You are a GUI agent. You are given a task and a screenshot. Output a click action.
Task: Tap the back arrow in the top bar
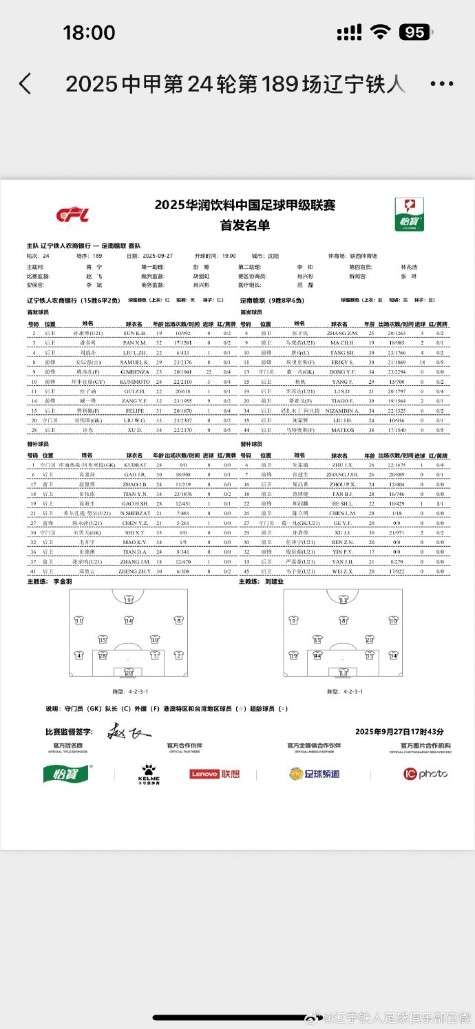(x=25, y=84)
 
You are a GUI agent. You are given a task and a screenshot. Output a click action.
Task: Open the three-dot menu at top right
(x=441, y=84)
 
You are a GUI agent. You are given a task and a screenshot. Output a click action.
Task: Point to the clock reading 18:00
(x=89, y=32)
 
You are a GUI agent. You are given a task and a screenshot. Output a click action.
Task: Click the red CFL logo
(x=72, y=215)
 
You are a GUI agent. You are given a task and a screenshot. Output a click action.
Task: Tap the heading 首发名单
(x=244, y=225)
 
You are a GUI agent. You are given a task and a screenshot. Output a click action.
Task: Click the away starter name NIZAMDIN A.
(x=342, y=410)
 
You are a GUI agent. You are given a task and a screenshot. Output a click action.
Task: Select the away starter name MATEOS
(x=342, y=429)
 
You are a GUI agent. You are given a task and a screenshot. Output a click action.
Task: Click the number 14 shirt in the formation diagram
(x=129, y=620)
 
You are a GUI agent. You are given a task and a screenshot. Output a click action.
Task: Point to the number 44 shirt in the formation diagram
(x=317, y=656)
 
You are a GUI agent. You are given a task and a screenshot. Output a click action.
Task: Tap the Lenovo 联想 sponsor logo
(x=215, y=774)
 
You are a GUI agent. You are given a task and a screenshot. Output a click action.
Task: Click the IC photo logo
(x=425, y=774)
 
